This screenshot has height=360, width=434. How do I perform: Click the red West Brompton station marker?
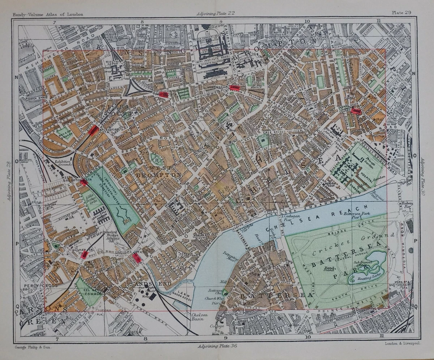pos(84,182)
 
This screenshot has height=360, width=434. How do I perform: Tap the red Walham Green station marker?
pos(84,255)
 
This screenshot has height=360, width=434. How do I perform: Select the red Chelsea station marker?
pos(136,257)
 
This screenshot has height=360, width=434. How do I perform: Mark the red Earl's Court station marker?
pos(93,130)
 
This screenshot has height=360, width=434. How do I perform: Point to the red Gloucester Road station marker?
pos(163,95)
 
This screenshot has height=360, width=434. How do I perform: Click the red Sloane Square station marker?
pos(356,111)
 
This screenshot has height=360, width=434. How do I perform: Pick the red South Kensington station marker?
pos(235,88)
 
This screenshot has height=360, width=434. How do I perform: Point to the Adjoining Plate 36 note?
pos(216,346)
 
